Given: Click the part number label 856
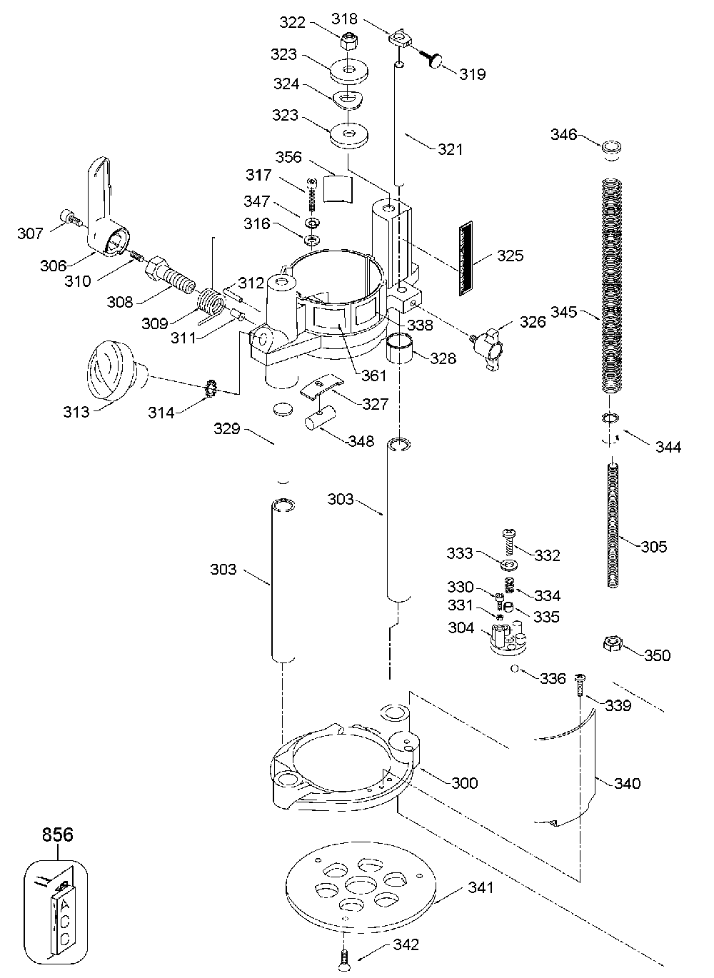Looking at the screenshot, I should click(x=56, y=834).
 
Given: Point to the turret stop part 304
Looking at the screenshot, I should click(x=508, y=638).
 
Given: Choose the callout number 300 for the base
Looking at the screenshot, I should click(x=464, y=783).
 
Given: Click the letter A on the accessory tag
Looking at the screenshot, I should click(x=64, y=904).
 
